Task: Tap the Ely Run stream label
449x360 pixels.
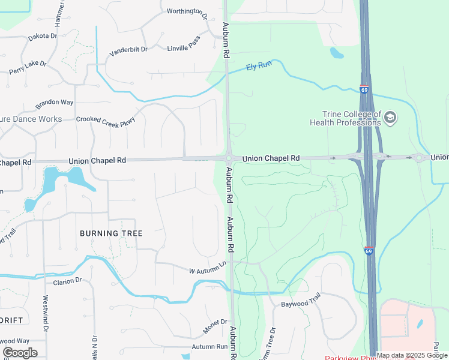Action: coord(259,66)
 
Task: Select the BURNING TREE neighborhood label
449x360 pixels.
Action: coord(111,233)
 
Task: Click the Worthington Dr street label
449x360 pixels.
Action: coord(187,11)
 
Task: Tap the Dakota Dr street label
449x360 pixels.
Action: coord(43,37)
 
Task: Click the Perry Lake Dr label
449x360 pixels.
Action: coord(28,67)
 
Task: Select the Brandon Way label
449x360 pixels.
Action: coord(55,103)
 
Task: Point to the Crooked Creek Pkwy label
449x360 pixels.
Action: coord(106,119)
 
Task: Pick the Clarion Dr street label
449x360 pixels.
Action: coord(67,281)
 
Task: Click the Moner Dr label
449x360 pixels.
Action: coord(215,326)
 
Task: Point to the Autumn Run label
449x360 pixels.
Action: coord(209,347)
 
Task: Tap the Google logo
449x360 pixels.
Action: coord(20,353)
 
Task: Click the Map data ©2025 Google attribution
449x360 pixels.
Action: coord(412,355)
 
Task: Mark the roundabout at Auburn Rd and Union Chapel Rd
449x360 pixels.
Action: coord(229,159)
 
